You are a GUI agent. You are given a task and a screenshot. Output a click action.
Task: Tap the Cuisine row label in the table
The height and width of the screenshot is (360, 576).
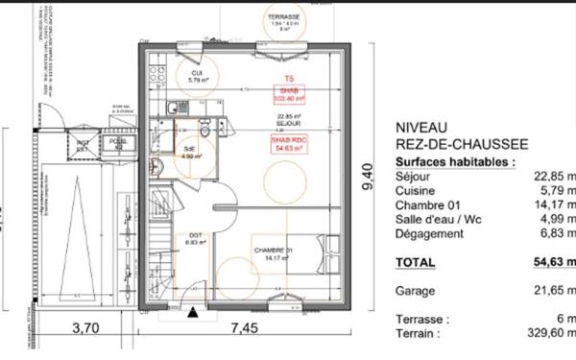[416, 192]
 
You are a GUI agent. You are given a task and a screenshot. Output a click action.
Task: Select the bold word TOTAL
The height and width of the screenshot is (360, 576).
[416, 261]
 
